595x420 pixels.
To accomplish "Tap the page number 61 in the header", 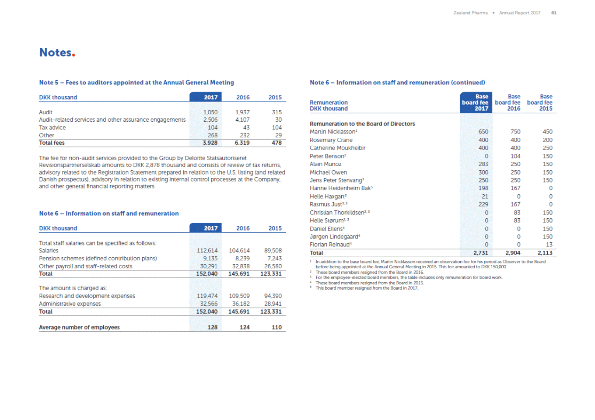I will [x=554, y=13].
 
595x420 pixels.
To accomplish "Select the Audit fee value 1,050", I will [x=210, y=112].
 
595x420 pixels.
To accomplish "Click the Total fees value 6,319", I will [x=242, y=143].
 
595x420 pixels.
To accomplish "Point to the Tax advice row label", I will [x=52, y=128].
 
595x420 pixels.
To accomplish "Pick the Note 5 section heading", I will [x=136, y=82].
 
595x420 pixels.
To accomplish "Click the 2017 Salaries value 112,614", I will [x=207, y=251].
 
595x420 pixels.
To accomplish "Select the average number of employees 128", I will [x=212, y=327].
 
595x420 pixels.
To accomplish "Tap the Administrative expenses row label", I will [x=70, y=304].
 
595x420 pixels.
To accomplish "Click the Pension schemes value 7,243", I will [x=274, y=259].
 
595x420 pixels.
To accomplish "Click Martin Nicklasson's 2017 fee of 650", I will [x=483, y=132].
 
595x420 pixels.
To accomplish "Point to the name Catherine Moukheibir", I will [x=337, y=148].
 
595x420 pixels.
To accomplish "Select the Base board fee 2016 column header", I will [x=507, y=102].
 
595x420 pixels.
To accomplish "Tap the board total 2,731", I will [x=480, y=253].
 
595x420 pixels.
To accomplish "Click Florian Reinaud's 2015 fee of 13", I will [x=549, y=245].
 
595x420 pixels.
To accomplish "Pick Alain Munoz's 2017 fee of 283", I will [x=483, y=164].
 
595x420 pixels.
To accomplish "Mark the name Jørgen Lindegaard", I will [x=334, y=237].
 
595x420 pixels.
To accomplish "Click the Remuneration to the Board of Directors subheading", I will [x=362, y=124].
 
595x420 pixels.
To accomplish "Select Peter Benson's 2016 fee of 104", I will [x=515, y=156].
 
